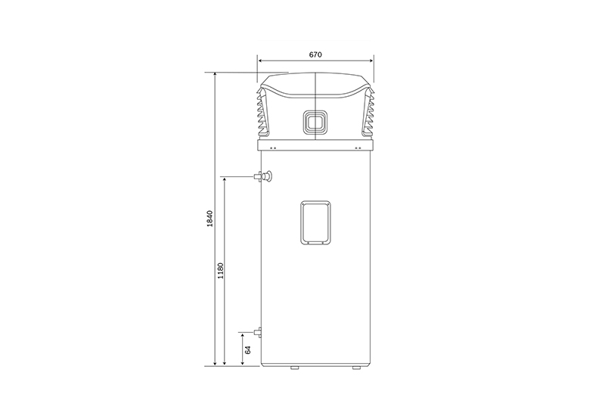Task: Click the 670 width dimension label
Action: (x=315, y=54)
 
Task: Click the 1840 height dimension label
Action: (x=209, y=219)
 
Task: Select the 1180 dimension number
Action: (x=220, y=271)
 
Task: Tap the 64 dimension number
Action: (x=248, y=350)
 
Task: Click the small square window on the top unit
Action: (x=315, y=123)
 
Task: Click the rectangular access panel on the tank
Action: (x=315, y=222)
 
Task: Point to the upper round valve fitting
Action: (x=267, y=176)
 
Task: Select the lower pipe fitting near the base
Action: (x=257, y=332)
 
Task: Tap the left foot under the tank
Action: (x=294, y=368)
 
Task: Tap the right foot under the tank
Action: (x=356, y=368)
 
